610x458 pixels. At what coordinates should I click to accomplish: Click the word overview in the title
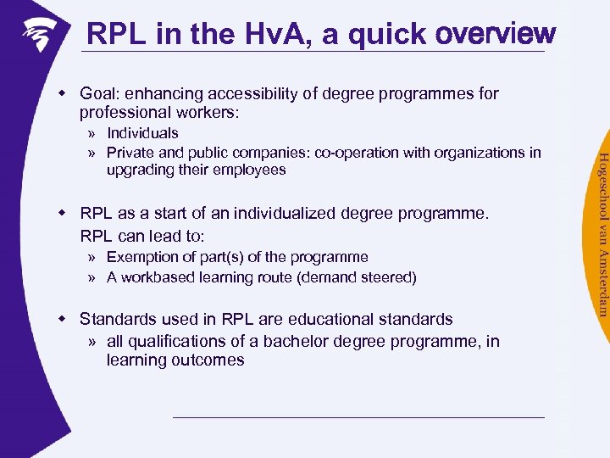[x=495, y=34]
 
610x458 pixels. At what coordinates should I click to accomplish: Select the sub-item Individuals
[x=142, y=133]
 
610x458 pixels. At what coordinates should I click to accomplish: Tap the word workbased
[x=157, y=277]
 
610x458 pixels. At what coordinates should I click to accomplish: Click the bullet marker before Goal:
[x=63, y=93]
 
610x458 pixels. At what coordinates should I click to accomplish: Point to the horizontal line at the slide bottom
[x=358, y=417]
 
